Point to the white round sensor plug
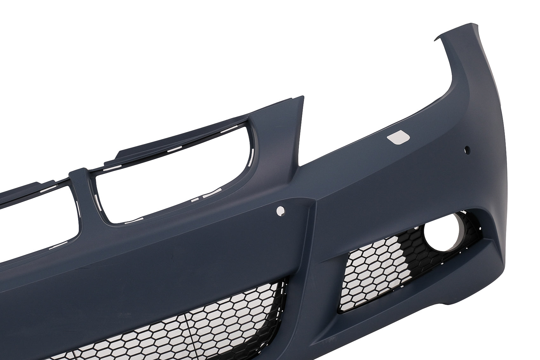280,210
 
